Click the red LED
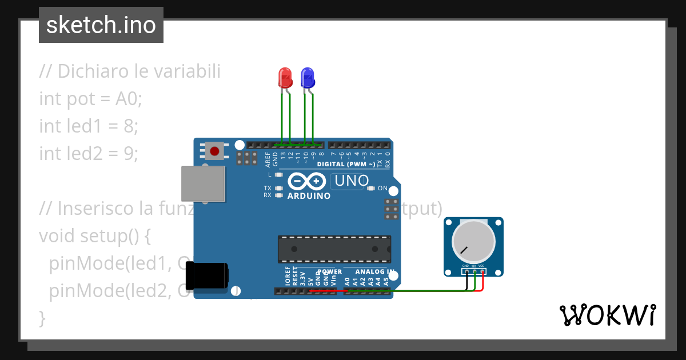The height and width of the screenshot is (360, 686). tap(285, 77)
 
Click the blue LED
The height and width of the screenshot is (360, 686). tap(308, 77)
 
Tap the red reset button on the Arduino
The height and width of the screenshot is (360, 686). tap(214, 151)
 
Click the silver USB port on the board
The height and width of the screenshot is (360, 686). tap(203, 184)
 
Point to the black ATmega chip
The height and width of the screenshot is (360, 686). tap(334, 249)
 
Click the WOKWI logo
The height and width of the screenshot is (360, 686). tap(607, 315)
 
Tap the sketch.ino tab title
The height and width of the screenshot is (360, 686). tap(101, 25)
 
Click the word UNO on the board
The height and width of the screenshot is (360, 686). tap(352, 181)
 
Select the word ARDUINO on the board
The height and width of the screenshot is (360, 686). tap(309, 196)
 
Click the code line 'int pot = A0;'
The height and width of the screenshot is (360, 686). tap(90, 99)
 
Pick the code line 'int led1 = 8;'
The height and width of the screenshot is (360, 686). tap(89, 126)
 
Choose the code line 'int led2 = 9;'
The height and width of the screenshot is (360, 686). tap(89, 153)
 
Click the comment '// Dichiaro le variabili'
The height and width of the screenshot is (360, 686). tap(130, 71)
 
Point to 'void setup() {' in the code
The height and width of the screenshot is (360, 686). tap(94, 235)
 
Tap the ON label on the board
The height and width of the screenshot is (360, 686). tap(383, 189)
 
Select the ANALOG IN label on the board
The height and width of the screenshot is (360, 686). tap(374, 271)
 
